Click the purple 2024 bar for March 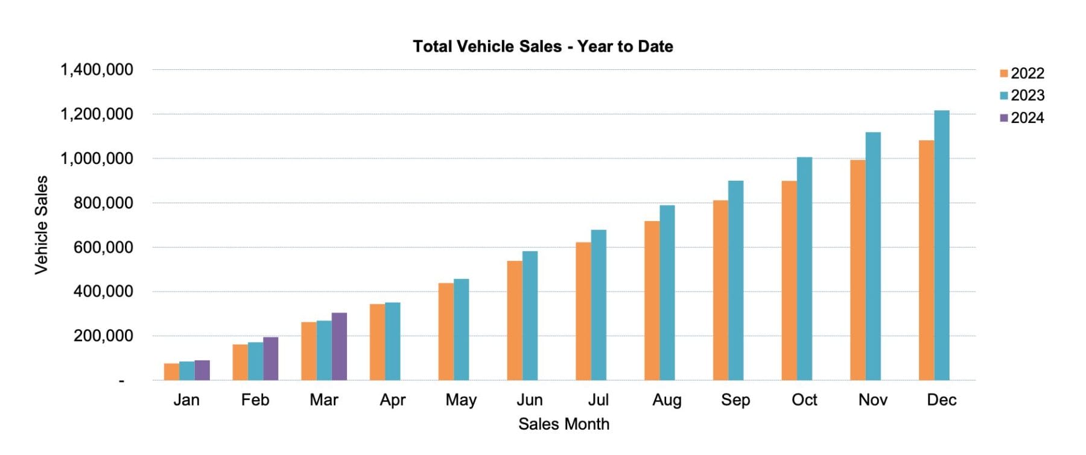[339, 347]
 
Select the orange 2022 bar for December [926, 260]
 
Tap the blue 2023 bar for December [942, 245]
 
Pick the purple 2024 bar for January [202, 370]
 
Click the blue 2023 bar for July [599, 305]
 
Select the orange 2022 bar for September [720, 290]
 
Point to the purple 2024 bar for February [271, 359]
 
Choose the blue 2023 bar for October [804, 269]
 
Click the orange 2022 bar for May [446, 331]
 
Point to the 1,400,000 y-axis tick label [97, 70]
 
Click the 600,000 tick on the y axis [103, 248]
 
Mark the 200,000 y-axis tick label [103, 336]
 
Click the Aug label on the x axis [667, 400]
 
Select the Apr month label [393, 400]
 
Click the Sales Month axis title [564, 424]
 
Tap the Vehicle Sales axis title [41, 225]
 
